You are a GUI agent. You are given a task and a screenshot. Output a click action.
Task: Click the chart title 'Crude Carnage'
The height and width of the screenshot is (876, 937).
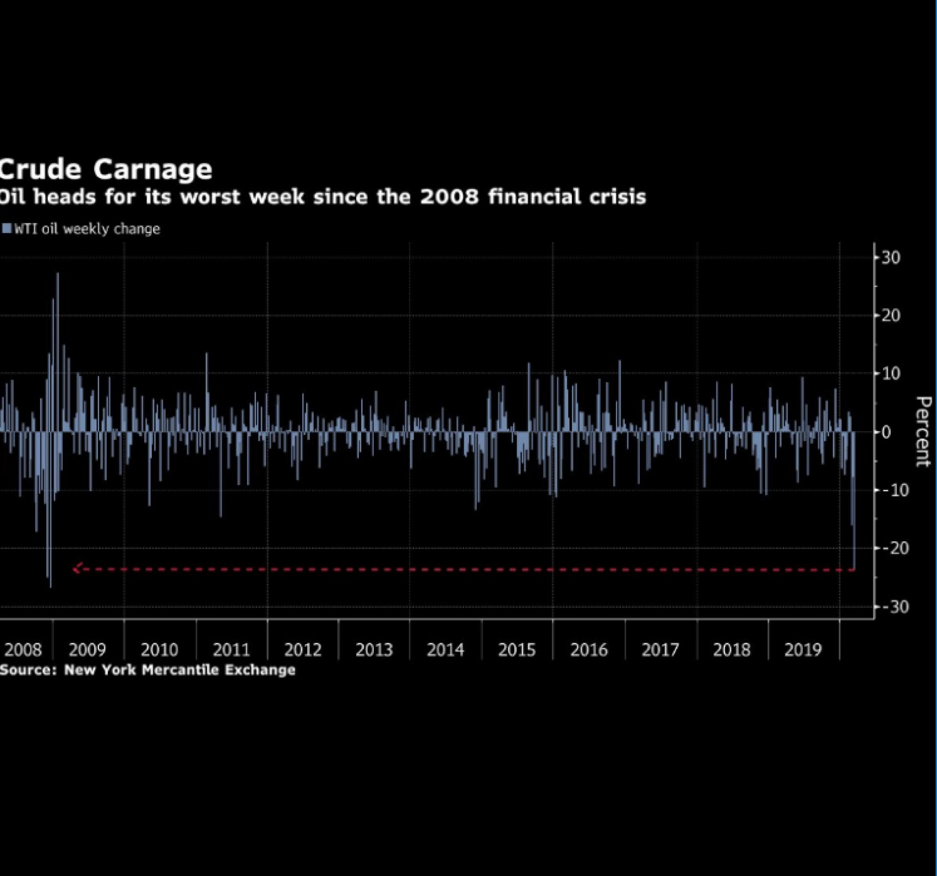[x=105, y=170]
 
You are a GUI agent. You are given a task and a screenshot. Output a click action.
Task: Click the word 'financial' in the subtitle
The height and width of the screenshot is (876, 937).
[x=534, y=197]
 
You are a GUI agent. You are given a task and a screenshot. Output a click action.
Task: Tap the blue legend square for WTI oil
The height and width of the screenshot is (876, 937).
[x=6, y=228]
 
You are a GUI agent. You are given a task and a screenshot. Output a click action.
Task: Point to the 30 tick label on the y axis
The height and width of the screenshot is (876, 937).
[x=891, y=258]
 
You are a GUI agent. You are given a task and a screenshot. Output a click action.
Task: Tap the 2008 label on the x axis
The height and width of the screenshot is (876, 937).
[x=23, y=650]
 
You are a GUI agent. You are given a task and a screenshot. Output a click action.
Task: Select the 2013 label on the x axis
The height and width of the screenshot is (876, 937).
[x=374, y=650]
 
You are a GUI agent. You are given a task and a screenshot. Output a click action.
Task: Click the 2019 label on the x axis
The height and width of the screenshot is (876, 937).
[x=803, y=650]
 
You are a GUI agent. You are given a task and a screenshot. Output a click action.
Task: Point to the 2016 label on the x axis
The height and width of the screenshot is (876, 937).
[x=589, y=650]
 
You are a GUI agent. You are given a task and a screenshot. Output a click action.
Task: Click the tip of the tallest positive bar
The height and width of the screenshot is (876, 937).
[x=58, y=274]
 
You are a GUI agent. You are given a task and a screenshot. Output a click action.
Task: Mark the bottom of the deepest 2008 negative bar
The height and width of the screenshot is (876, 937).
[x=50, y=586]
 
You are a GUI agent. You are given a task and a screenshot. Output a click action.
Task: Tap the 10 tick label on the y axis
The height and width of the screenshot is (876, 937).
[x=891, y=374]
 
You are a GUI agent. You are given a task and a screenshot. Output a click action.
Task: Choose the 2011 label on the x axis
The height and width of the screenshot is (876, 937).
[x=231, y=650]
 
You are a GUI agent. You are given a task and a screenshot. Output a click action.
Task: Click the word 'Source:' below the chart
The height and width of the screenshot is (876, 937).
[x=28, y=670]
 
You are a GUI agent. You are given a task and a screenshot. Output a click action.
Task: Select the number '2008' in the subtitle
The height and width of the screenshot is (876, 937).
[x=449, y=197]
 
